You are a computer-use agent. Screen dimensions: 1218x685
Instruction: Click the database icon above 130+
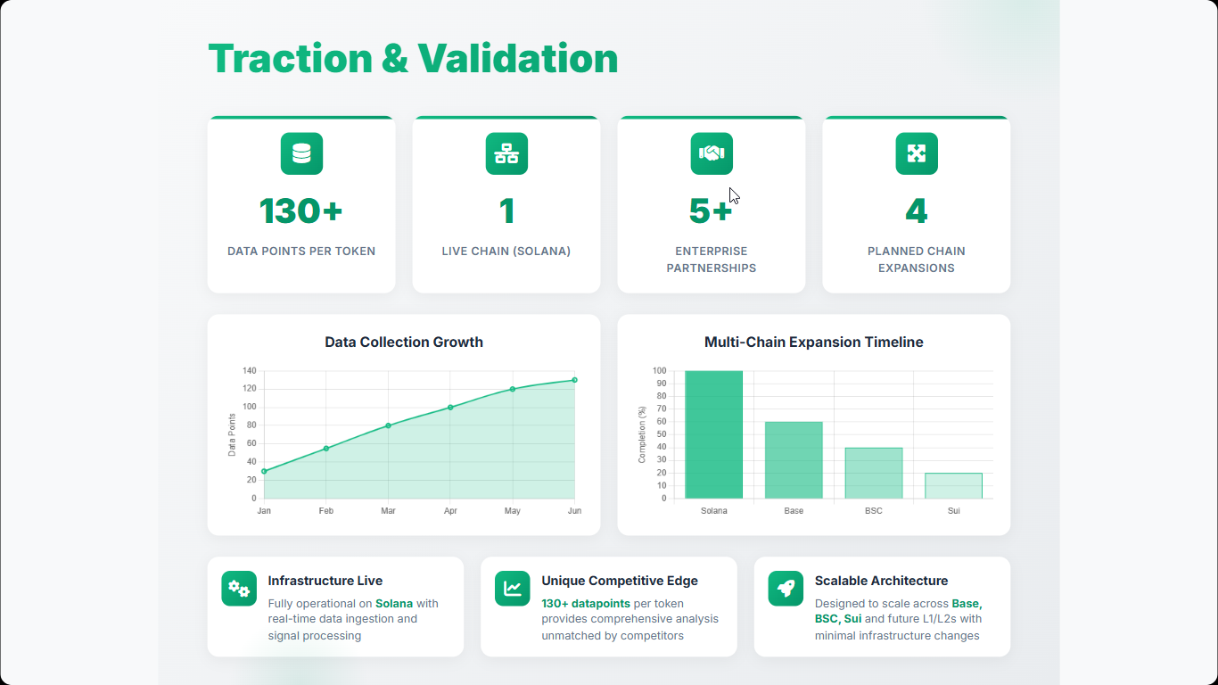point(301,153)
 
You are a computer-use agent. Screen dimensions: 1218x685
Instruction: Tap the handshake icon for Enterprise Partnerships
point(712,153)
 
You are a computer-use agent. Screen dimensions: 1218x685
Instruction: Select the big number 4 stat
point(917,210)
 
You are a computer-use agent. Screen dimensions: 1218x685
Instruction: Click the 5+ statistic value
point(710,210)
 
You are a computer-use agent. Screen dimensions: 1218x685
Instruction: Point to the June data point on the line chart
point(575,380)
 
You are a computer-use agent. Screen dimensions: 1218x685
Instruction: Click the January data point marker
point(264,471)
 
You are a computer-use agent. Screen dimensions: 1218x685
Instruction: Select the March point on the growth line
point(388,425)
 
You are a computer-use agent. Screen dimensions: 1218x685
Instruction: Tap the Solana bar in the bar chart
point(713,434)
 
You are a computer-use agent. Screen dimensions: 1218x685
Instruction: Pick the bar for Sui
point(953,485)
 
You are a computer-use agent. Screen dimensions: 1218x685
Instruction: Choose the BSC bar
point(873,473)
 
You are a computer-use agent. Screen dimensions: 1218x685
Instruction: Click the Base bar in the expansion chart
point(794,459)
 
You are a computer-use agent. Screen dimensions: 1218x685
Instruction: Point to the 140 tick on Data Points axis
point(249,370)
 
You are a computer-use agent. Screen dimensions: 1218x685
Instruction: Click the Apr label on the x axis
point(450,510)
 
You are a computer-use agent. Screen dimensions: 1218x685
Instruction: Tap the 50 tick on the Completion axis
point(662,434)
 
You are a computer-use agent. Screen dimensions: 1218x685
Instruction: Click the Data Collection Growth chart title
point(403,342)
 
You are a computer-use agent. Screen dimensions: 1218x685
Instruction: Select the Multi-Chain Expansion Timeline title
point(813,342)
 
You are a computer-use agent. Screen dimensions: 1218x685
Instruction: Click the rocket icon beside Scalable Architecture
point(786,588)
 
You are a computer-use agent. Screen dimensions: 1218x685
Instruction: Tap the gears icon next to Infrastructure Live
point(239,588)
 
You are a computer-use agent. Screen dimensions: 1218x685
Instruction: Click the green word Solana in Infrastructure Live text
point(394,603)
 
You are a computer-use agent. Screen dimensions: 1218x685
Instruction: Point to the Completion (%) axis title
point(642,434)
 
